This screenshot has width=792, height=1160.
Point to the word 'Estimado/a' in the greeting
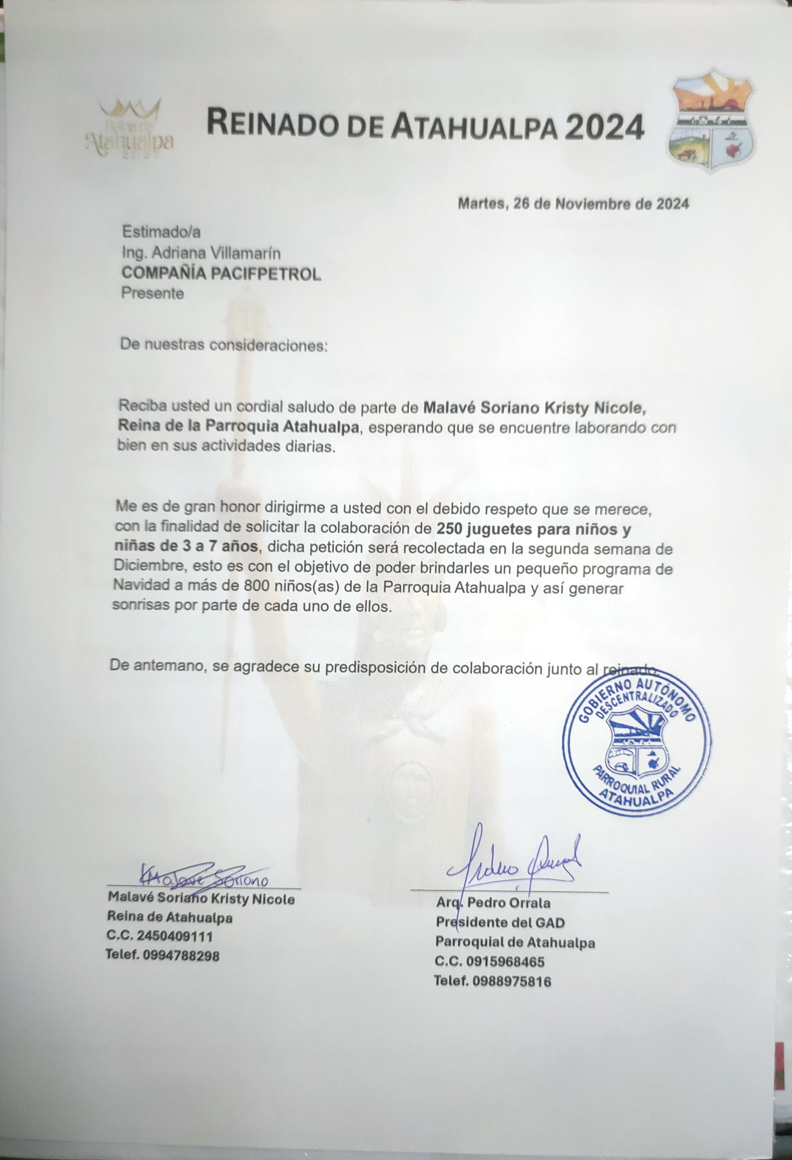tap(161, 232)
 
